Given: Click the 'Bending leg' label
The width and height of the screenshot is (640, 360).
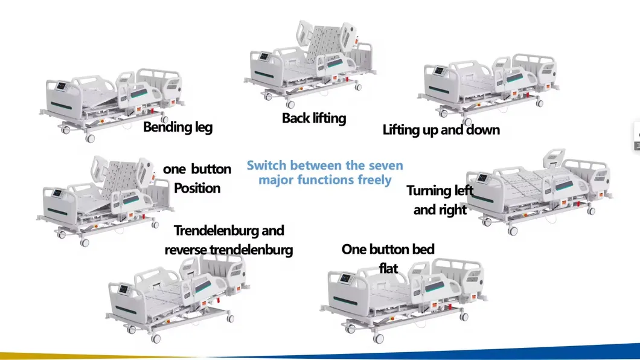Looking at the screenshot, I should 178,127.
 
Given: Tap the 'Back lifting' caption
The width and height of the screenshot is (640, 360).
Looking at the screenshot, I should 313,118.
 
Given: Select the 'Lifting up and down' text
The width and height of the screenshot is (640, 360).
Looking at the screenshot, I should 441,129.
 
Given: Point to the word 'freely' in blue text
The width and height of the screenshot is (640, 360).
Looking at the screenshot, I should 371,180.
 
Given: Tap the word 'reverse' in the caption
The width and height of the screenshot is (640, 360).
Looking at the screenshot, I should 186,249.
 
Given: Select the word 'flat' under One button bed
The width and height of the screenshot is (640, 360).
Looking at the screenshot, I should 388,267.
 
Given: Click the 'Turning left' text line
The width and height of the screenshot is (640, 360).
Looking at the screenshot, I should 440,191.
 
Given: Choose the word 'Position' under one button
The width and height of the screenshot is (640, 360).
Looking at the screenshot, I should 197,188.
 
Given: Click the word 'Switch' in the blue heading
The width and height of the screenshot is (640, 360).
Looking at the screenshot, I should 266,166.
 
